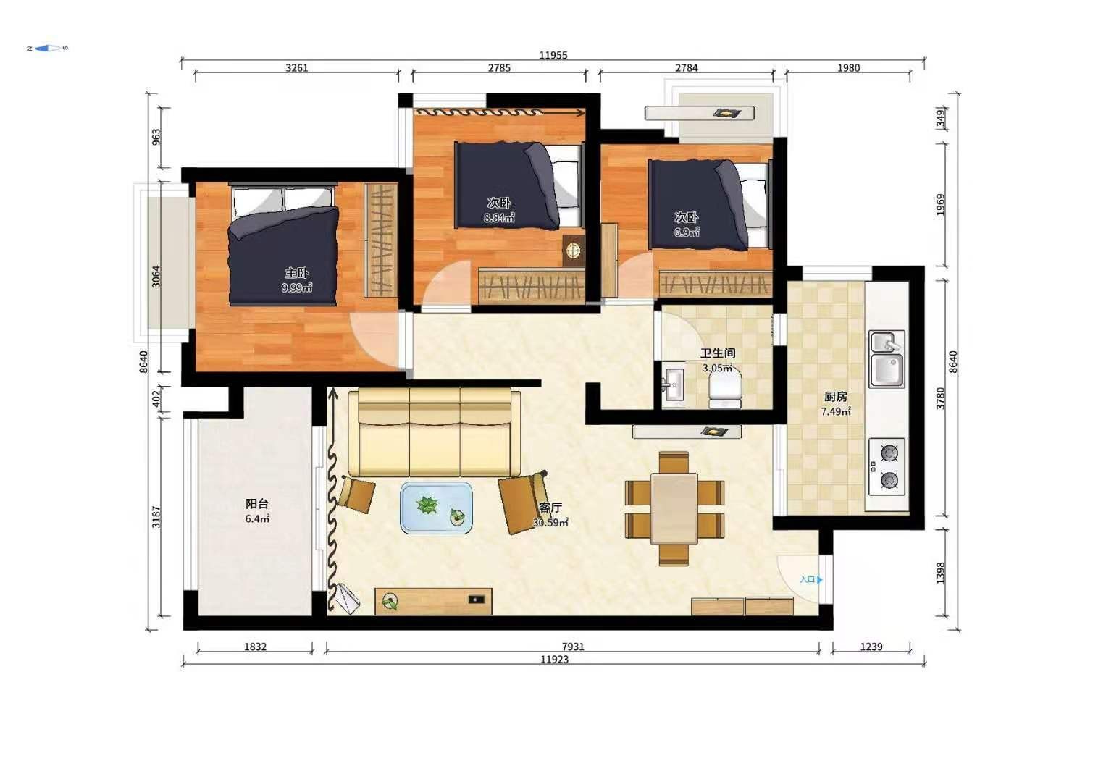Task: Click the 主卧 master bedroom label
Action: [297, 272]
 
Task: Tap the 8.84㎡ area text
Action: [499, 217]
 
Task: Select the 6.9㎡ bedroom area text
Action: [687, 232]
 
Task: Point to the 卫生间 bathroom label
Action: [718, 353]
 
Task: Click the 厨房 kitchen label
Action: [835, 397]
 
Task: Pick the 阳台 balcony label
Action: [257, 503]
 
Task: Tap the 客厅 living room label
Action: [550, 508]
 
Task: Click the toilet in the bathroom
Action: [725, 390]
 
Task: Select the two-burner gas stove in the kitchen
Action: [887, 466]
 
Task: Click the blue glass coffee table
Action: [436, 508]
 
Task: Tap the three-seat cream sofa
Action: [435, 432]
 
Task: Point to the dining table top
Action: [674, 508]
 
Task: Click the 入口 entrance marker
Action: [811, 579]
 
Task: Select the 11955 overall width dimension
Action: [553, 55]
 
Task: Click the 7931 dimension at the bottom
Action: [573, 646]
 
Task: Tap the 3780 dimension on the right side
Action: [941, 398]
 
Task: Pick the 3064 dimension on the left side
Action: [156, 277]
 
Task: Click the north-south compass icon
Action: [47, 48]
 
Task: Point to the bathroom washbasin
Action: [673, 384]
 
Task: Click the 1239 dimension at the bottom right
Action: [871, 646]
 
